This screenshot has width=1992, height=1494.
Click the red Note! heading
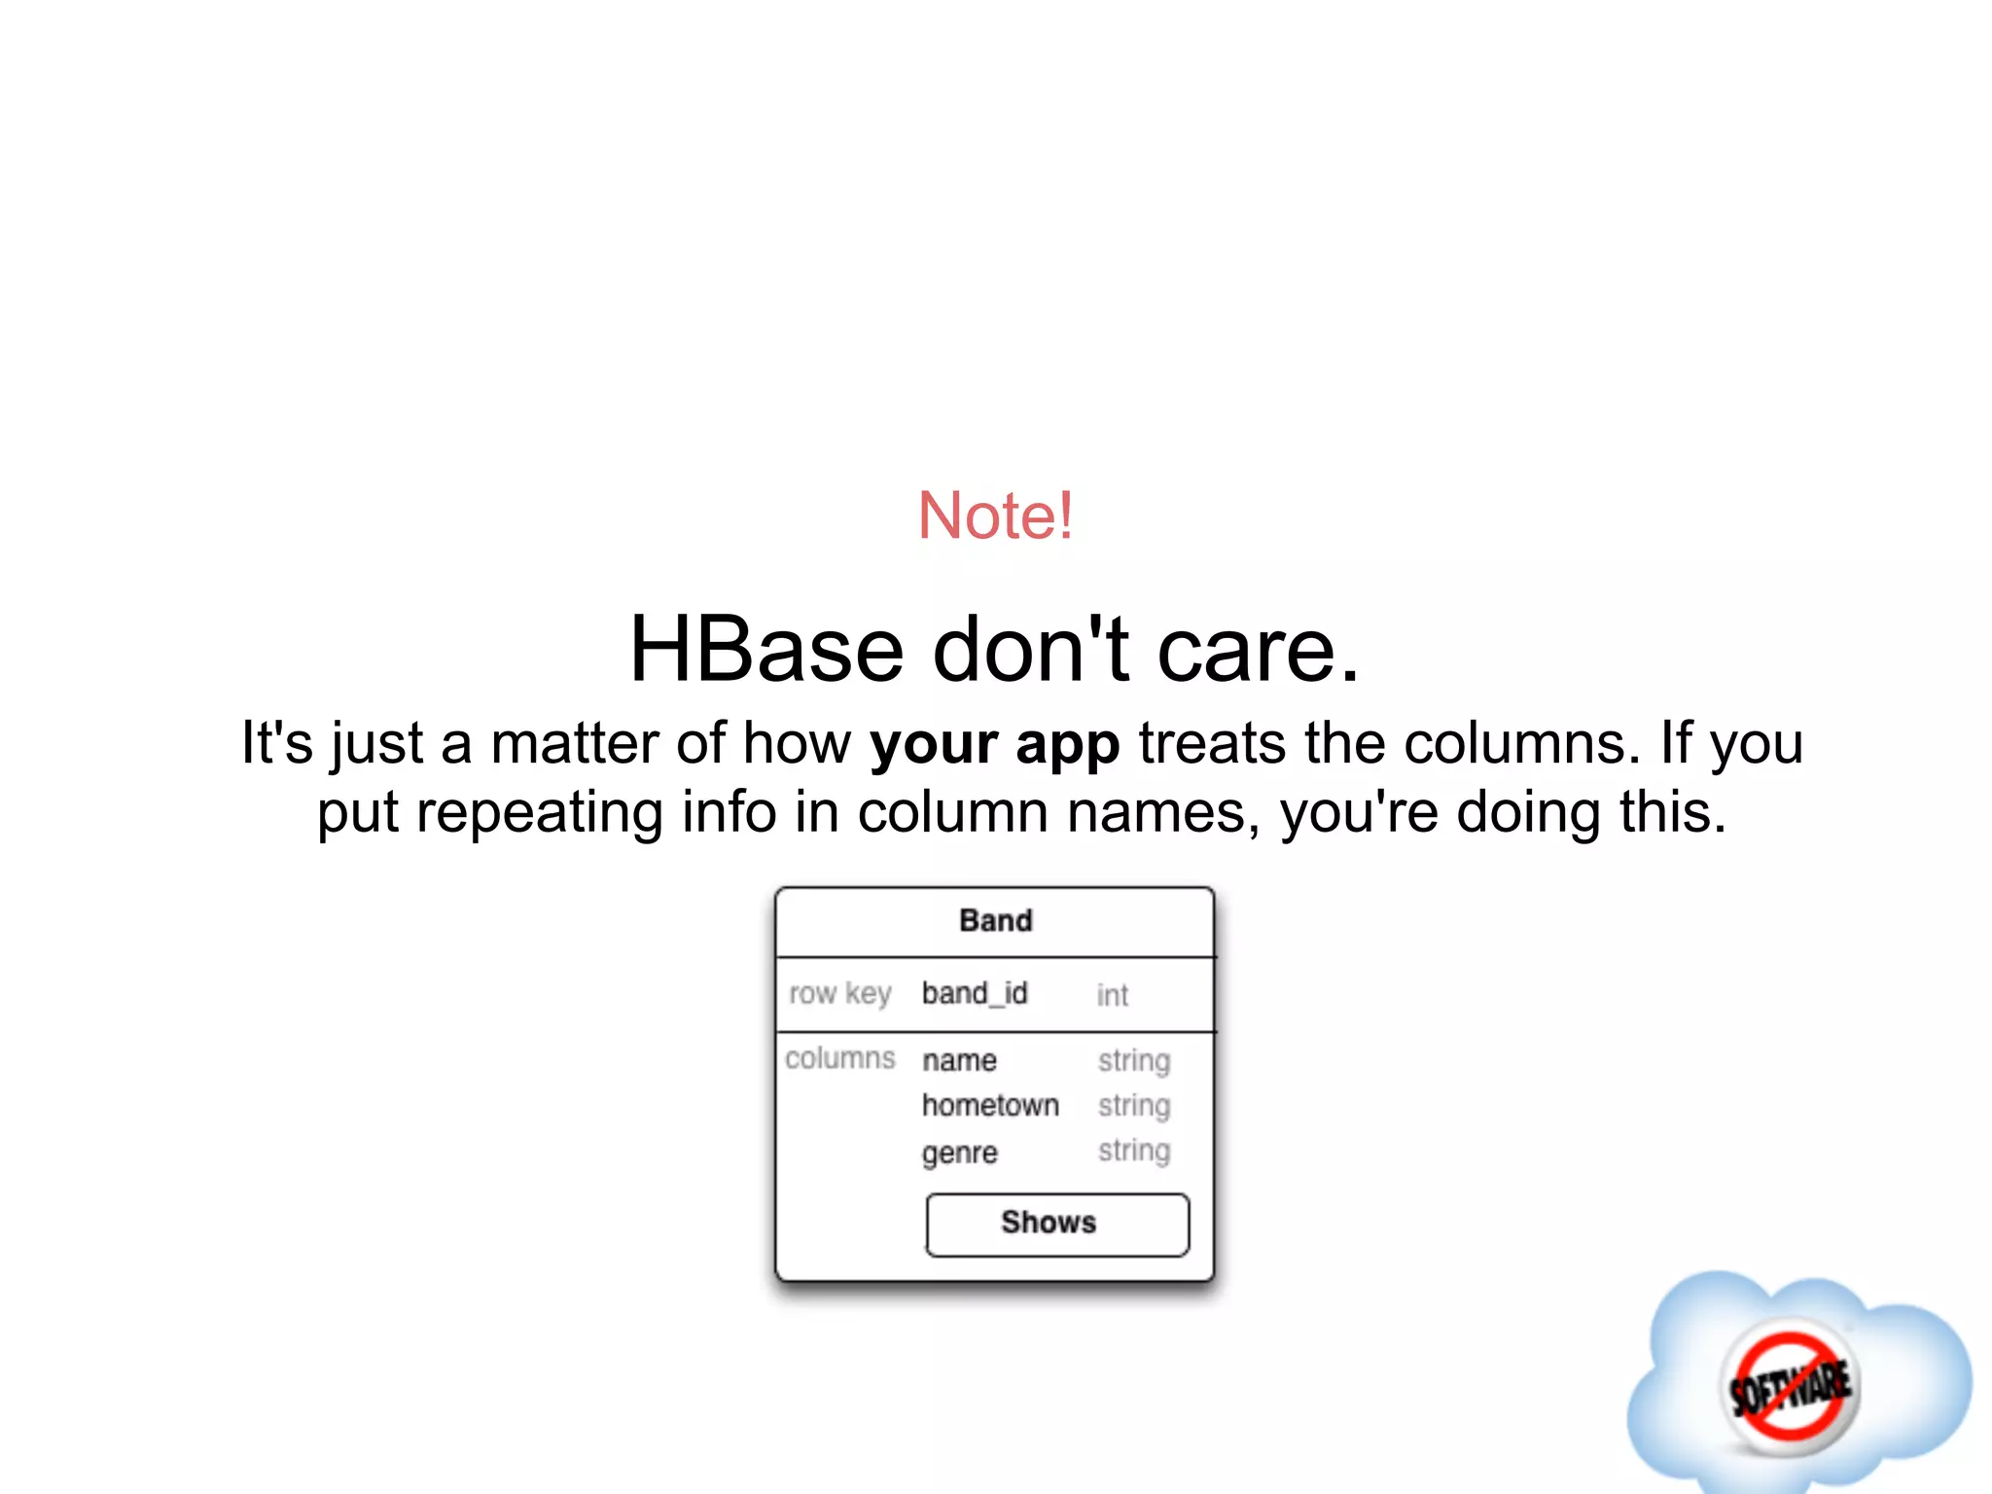pyautogui.click(x=995, y=516)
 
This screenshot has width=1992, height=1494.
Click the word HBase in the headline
pyautogui.click(x=766, y=650)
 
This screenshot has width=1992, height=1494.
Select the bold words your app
pyautogui.click(x=994, y=745)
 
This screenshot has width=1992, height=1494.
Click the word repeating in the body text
pyautogui.click(x=540, y=812)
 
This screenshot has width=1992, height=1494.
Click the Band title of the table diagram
pyautogui.click(x=995, y=920)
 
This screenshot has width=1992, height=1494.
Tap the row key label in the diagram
pyautogui.click(x=839, y=993)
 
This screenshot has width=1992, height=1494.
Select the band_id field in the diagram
pyautogui.click(x=974, y=993)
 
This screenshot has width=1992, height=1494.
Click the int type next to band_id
pyautogui.click(x=1112, y=995)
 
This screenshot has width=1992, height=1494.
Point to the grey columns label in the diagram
pyautogui.click(x=839, y=1058)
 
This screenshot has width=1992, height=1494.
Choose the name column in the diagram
pyautogui.click(x=959, y=1060)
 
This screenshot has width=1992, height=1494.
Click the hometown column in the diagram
pyautogui.click(x=990, y=1106)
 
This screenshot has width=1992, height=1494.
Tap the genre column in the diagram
pyautogui.click(x=959, y=1154)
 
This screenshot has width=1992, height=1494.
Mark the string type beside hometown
pyautogui.click(x=1134, y=1106)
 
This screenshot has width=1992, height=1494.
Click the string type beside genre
pyautogui.click(x=1134, y=1152)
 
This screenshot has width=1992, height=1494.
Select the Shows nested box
pyautogui.click(x=1056, y=1224)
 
